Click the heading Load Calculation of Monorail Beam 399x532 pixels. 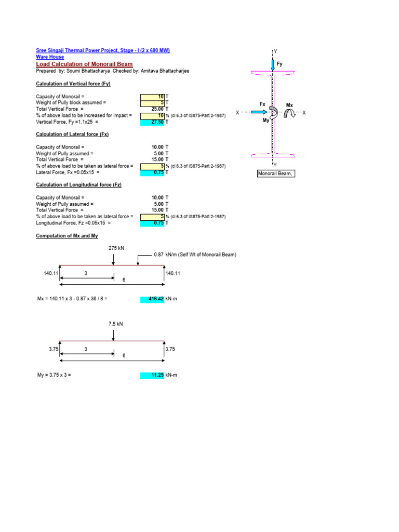pos(84,64)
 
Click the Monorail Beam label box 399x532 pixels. pos(276,174)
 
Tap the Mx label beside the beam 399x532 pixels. pos(289,105)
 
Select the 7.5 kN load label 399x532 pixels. pos(115,324)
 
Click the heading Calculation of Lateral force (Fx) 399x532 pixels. pos(72,135)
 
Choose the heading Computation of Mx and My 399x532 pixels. pos(66,236)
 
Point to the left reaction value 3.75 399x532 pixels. pos(54,350)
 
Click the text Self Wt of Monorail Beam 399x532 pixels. pos(206,255)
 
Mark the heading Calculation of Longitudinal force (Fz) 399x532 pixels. pos(78,185)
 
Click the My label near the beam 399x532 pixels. pos(267,121)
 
